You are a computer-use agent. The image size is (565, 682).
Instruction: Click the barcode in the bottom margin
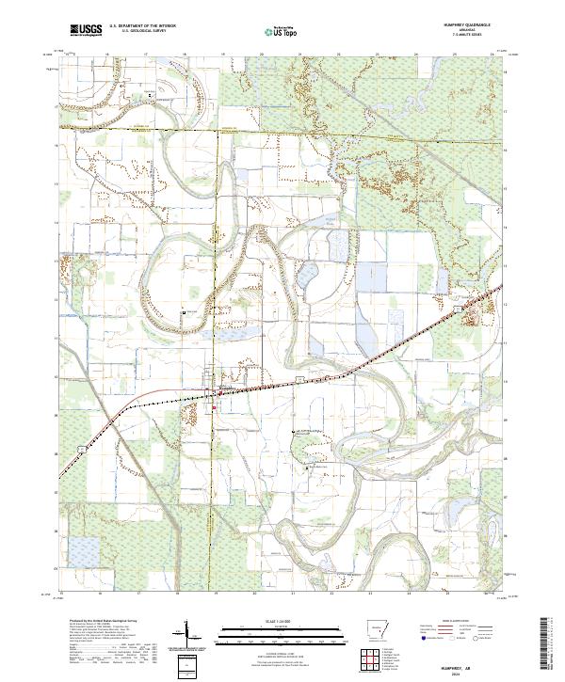tap(549, 648)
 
